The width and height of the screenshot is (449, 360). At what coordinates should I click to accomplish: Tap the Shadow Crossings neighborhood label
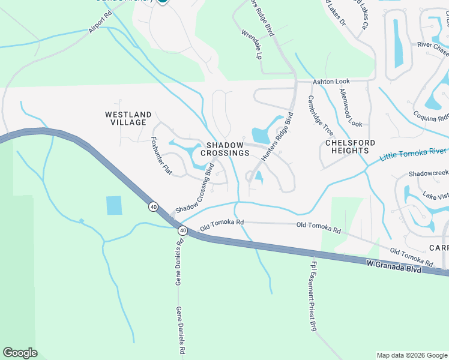pyautogui.click(x=225, y=149)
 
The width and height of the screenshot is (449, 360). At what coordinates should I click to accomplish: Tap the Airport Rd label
pyautogui.click(x=100, y=23)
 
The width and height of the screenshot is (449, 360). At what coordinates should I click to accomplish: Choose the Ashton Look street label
pyautogui.click(x=330, y=82)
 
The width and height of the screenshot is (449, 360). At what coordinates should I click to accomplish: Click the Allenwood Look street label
pyautogui.click(x=351, y=107)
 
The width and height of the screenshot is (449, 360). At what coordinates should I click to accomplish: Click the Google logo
pyautogui.click(x=20, y=352)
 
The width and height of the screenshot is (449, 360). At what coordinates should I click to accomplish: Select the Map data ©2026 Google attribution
pyautogui.click(x=411, y=355)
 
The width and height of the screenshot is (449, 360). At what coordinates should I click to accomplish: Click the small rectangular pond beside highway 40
pyautogui.click(x=113, y=205)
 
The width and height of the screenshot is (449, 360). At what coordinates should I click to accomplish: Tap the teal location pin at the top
pyautogui.click(x=162, y=2)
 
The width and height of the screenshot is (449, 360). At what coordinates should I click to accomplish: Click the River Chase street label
pyautogui.click(x=433, y=45)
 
